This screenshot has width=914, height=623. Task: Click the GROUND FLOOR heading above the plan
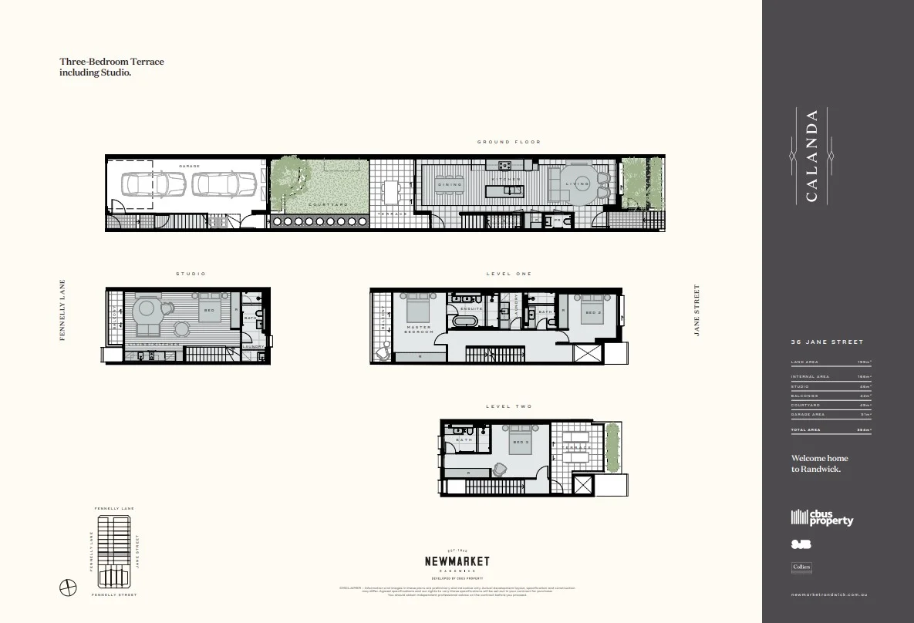click(x=508, y=142)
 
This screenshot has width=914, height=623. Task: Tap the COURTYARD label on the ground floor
click(x=328, y=204)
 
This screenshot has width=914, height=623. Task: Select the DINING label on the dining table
click(x=449, y=184)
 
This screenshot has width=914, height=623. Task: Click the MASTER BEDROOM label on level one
click(x=419, y=329)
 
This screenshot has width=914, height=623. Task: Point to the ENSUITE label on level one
click(x=471, y=308)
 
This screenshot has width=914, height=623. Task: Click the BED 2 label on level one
click(x=592, y=313)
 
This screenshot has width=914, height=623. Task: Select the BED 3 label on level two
click(x=522, y=443)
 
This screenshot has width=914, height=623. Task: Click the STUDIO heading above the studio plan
click(x=191, y=274)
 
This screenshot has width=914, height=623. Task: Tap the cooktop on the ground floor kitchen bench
click(x=506, y=164)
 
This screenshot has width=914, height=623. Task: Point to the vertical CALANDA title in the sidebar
click(x=811, y=156)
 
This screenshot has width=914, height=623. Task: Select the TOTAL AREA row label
click(x=805, y=429)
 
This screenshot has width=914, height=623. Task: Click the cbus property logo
click(x=822, y=518)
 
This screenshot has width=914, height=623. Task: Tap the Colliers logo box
click(x=801, y=567)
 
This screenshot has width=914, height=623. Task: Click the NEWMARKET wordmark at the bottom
click(x=457, y=562)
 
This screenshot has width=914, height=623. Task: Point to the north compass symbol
click(x=68, y=587)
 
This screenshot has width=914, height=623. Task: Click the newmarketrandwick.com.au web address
click(x=830, y=595)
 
